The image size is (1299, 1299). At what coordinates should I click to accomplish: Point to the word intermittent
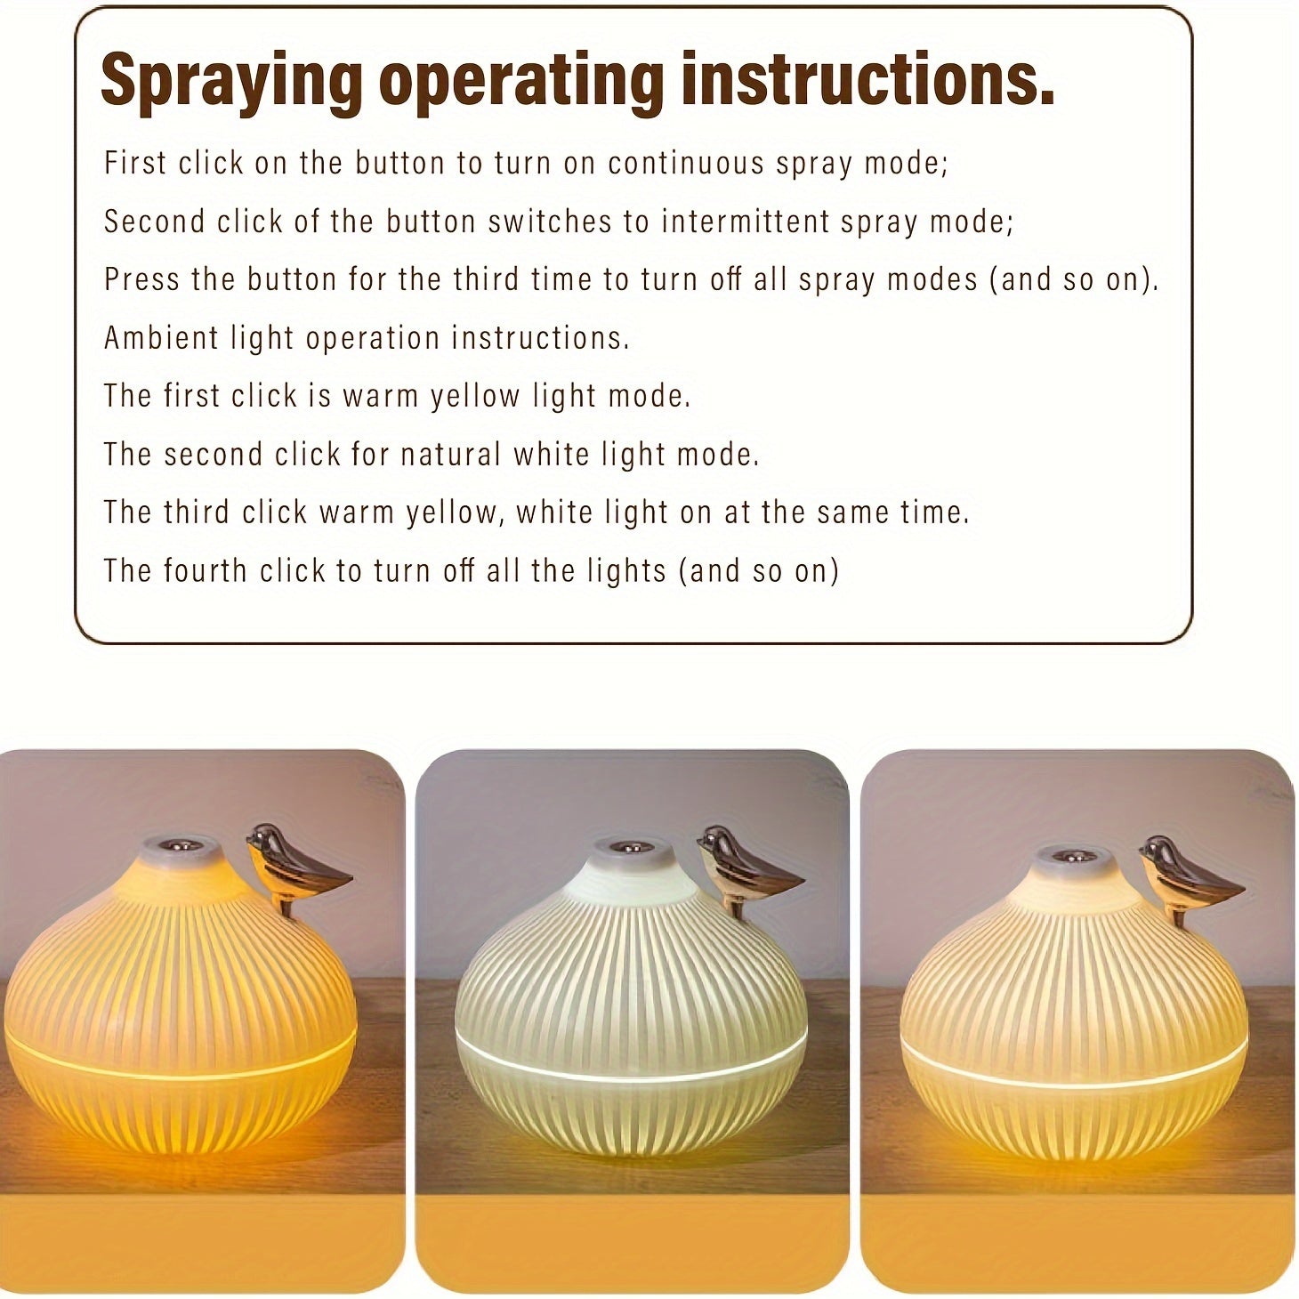click(x=746, y=222)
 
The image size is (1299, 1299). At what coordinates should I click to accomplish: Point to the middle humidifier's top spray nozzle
click(x=634, y=845)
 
